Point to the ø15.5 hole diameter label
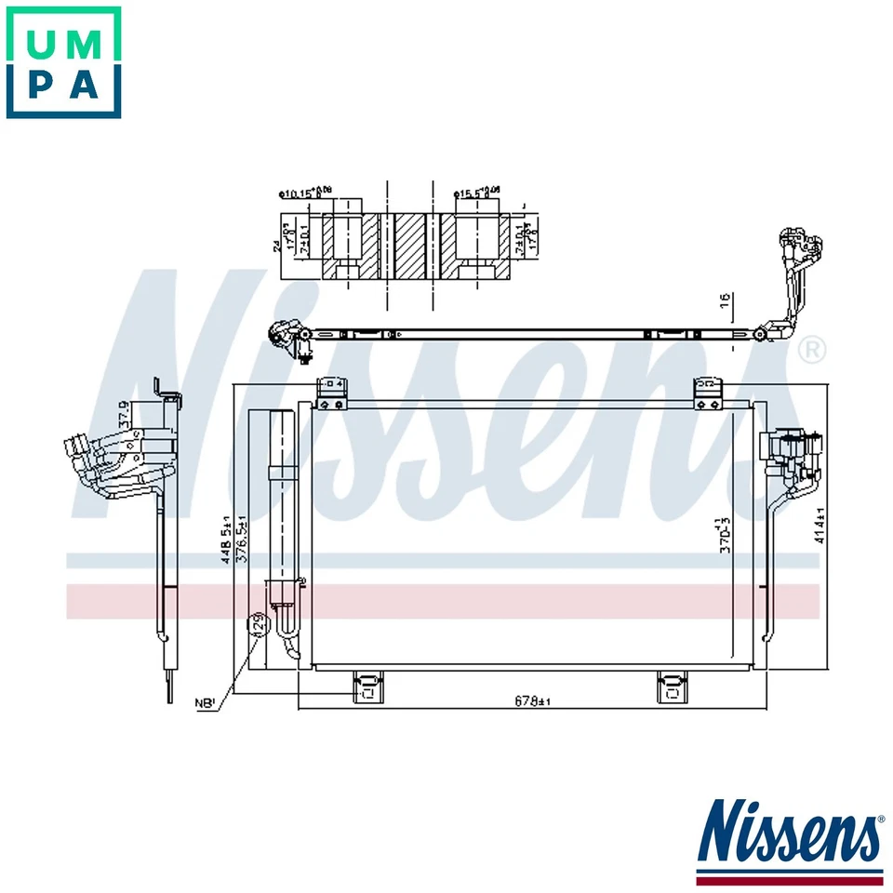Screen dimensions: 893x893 pyautogui.click(x=476, y=193)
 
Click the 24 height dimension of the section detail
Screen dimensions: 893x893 pyautogui.click(x=276, y=246)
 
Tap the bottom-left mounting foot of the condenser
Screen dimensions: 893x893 pyautogui.click(x=367, y=687)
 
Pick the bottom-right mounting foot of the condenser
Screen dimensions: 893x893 pyautogui.click(x=671, y=687)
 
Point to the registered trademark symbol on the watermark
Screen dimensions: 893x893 pyautogui.click(x=811, y=350)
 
